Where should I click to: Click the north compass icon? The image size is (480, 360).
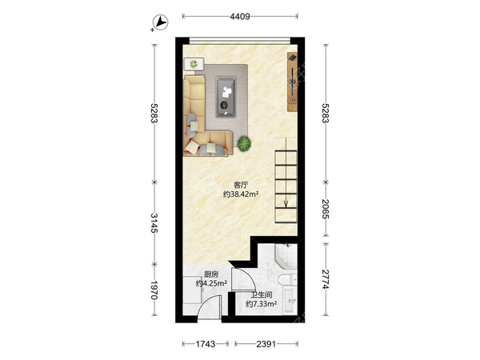click(161, 22)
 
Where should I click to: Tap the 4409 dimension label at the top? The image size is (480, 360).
click(240, 16)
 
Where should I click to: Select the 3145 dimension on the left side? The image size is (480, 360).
click(154, 223)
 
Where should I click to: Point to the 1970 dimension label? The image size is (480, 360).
click(154, 290)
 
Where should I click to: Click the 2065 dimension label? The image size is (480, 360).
click(326, 209)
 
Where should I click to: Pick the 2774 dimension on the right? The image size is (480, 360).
click(326, 279)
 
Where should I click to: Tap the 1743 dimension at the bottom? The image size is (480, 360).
click(206, 344)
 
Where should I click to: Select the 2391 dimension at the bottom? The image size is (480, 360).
click(266, 344)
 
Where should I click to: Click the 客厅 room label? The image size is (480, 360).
click(241, 186)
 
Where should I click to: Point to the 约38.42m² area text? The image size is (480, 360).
click(241, 194)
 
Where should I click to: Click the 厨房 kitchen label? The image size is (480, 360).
click(211, 274)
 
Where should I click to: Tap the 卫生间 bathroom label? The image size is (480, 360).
click(262, 295)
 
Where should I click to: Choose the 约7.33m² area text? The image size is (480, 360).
click(262, 304)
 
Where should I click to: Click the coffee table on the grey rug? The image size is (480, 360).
click(226, 97)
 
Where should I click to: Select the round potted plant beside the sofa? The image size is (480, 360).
click(244, 143)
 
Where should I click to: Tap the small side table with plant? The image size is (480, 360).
click(194, 64)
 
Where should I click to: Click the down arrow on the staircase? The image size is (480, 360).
click(286, 202)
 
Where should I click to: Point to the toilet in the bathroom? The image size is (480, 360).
click(288, 279)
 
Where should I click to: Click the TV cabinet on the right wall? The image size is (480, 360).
click(292, 82)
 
